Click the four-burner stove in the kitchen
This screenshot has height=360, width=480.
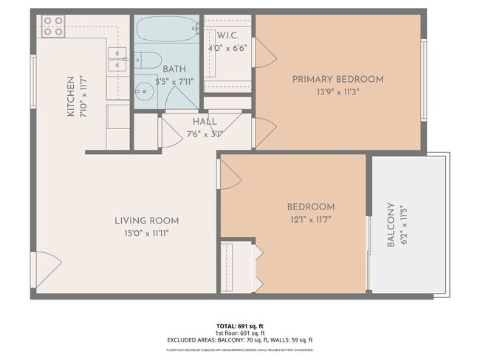pos(52,27)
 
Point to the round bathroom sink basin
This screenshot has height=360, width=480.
pos(143,91)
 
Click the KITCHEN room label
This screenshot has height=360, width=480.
pos(71,97)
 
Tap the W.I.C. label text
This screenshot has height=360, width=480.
pos(226,34)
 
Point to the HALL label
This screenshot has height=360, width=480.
pos(205,122)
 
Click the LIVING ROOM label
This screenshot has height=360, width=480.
pos(146,221)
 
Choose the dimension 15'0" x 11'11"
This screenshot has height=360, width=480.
pos(146,233)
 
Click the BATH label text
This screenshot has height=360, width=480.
pos(174,69)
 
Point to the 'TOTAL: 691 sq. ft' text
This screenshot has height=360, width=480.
pos(239,325)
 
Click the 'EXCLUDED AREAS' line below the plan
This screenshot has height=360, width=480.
pos(239,339)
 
